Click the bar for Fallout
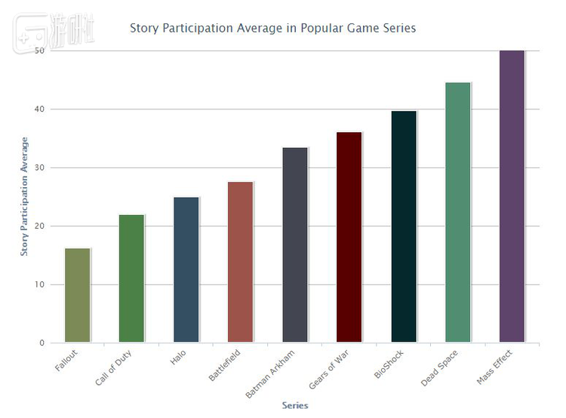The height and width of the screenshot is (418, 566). tap(78, 295)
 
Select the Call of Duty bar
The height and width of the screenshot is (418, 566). tap(131, 278)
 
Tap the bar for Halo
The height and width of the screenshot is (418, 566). tap(186, 269)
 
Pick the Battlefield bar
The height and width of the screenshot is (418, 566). tap(240, 262)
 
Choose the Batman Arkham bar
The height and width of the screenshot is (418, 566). tap(294, 244)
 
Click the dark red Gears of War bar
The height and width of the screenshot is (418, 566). tap(349, 237)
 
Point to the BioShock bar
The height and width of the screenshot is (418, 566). tap(404, 226)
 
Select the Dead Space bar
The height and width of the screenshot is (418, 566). tap(458, 212)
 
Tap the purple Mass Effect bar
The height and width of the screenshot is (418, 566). tap(512, 196)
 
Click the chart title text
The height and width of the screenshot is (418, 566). tap(272, 28)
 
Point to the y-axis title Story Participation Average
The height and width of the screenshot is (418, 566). tap(24, 196)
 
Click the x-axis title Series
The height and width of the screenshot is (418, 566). tap(295, 405)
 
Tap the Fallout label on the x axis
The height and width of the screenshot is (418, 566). tap(67, 359)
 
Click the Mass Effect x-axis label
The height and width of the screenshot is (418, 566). tap(496, 366)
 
